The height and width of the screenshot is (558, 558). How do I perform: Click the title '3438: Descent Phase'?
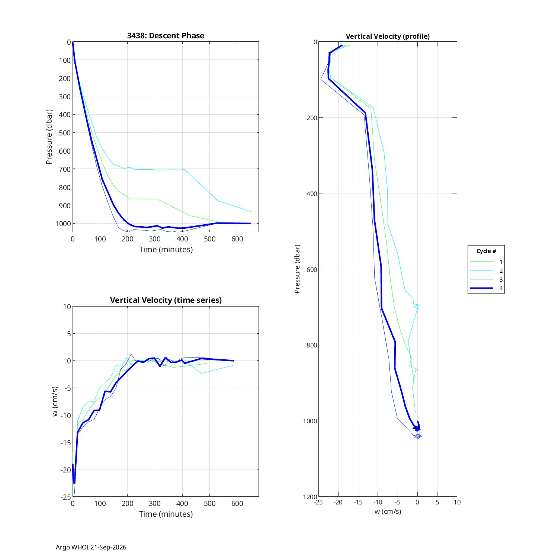point(166,36)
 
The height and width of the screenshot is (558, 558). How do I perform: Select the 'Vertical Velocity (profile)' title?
point(388,36)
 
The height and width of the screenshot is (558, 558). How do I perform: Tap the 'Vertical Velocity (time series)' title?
point(166,300)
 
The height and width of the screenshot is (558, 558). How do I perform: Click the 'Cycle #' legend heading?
point(486,251)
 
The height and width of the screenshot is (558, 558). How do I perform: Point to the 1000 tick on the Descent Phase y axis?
point(63,224)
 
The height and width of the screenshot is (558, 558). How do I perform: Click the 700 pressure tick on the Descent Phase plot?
point(65,169)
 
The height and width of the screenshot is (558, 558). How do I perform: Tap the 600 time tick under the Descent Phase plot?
point(237,239)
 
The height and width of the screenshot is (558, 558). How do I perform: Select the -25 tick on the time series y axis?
point(65,497)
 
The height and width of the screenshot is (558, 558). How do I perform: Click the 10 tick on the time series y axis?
point(67,307)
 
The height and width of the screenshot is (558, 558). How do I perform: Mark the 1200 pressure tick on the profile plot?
point(310,497)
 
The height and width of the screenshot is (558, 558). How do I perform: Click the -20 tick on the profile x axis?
point(338,502)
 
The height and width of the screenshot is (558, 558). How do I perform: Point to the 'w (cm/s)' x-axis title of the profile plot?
point(388,511)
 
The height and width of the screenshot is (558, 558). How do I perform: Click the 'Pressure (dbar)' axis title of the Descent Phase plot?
point(49,137)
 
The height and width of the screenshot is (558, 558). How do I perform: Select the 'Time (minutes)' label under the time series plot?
point(166,514)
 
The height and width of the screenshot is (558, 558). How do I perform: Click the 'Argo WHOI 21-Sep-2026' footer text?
point(91,547)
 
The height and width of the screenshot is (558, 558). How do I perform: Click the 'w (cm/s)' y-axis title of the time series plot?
point(55,401)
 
